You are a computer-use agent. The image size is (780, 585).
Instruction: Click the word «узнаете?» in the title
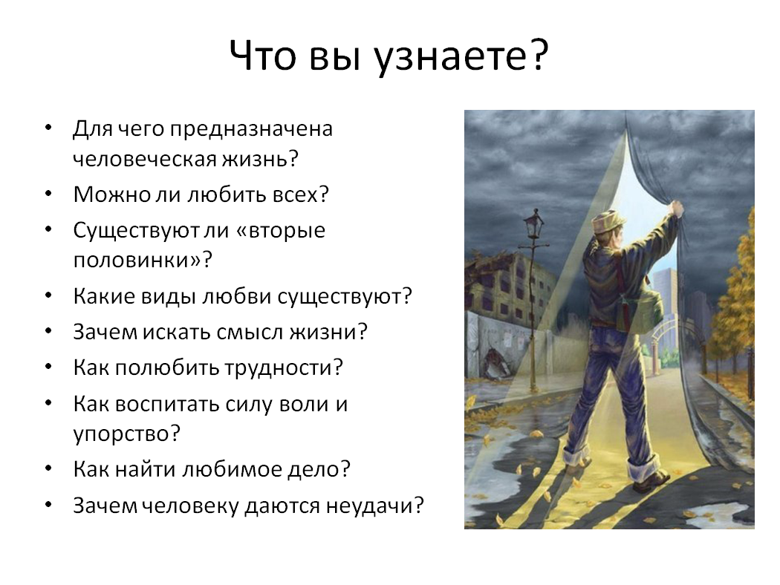[x=460, y=56]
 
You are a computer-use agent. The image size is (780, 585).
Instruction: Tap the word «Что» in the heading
[x=264, y=55]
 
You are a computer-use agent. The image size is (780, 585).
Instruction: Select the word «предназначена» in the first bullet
[x=251, y=129]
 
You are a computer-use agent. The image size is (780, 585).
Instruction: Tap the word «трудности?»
[x=283, y=368]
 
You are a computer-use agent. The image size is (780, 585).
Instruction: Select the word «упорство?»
[x=126, y=434]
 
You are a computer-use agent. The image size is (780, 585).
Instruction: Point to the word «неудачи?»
[x=375, y=506]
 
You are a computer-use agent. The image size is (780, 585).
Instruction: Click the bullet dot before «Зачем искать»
[x=48, y=332]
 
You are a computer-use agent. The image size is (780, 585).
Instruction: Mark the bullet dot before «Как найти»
[x=48, y=468]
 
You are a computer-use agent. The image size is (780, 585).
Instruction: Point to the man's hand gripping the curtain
[x=675, y=208]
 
